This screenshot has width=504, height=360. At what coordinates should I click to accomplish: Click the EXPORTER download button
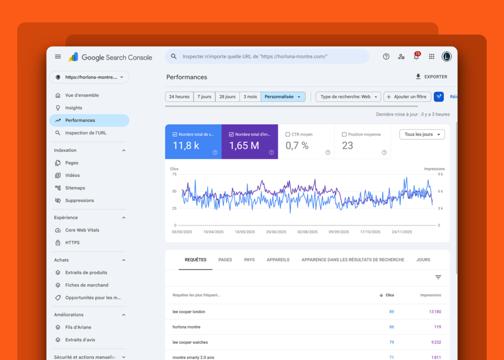point(431,76)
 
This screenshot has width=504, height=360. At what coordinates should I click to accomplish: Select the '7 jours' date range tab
point(204,97)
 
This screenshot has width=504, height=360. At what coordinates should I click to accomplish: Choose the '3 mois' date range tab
point(250,97)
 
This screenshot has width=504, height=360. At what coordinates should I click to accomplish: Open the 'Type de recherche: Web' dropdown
point(348,97)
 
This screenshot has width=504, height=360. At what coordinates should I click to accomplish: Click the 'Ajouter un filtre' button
point(407,97)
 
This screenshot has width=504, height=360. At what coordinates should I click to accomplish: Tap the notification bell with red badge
point(416,56)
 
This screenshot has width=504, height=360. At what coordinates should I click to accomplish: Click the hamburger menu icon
point(58,57)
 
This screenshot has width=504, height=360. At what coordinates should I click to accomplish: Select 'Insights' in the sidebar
point(74,108)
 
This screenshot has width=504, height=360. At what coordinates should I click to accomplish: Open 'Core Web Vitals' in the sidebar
point(82,230)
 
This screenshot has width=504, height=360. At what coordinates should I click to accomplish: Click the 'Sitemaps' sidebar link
point(75,188)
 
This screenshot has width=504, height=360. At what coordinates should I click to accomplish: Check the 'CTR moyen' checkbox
point(287,134)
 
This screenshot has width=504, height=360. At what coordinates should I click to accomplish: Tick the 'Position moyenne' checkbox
point(344,134)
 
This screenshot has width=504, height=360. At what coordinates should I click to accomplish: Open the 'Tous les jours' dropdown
point(422,134)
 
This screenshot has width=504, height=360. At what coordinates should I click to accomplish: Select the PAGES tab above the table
point(225,260)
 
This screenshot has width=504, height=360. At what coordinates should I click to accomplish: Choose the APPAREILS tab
point(278,260)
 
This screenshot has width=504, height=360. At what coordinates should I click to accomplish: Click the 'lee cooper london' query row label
point(189,312)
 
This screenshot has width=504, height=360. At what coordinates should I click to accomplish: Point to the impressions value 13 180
point(435,312)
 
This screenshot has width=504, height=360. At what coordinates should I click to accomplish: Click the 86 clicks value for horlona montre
point(391,327)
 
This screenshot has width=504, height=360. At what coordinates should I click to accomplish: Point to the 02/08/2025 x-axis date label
point(307,231)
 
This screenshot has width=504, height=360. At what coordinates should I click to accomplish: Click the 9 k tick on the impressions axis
point(441,174)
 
